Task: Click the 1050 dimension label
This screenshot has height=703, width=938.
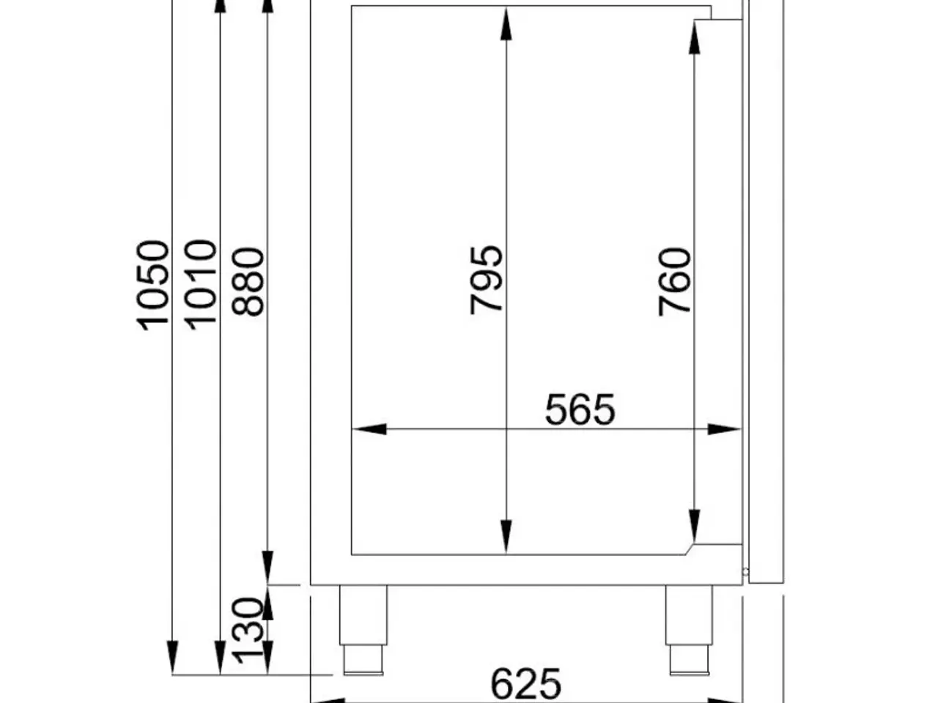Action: [152, 286]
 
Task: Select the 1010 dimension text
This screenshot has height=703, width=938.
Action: [200, 285]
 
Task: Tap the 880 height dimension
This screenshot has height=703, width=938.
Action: [248, 282]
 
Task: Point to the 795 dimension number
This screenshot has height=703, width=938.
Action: [486, 280]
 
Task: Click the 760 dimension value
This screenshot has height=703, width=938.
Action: [674, 282]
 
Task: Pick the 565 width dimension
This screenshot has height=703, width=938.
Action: [580, 410]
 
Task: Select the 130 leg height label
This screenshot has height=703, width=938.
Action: [248, 631]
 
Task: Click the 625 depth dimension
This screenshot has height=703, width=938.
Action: [525, 684]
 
